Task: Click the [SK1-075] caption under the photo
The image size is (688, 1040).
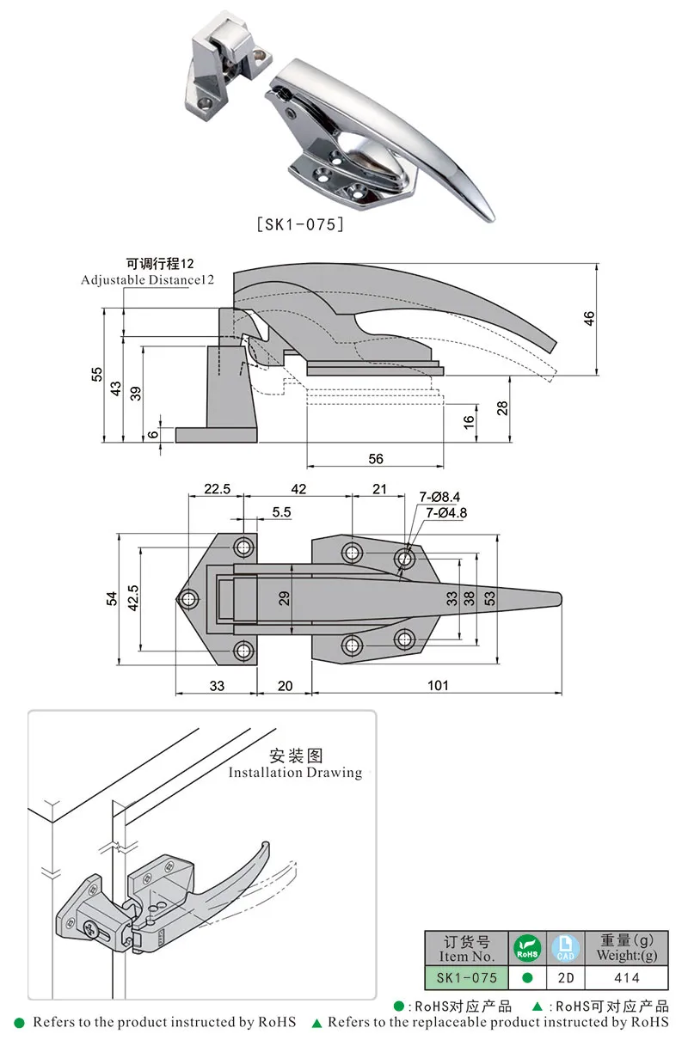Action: tap(301, 224)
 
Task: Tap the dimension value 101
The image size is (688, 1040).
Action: tap(438, 685)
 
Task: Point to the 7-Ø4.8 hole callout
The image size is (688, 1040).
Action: tap(446, 513)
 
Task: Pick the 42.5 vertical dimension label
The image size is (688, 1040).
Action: tap(132, 598)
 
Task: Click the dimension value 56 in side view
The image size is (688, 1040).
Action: tap(376, 459)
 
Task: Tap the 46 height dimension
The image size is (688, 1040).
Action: tap(589, 317)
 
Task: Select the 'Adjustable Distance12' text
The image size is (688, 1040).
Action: tap(147, 280)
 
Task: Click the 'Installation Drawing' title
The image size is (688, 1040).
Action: tap(295, 772)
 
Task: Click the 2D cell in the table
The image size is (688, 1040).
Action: tap(566, 977)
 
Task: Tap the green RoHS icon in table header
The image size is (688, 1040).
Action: tap(527, 948)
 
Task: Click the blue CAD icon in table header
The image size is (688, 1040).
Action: tap(566, 948)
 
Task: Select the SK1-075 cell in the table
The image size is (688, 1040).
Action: tap(466, 977)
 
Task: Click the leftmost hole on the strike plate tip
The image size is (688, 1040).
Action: tap(187, 599)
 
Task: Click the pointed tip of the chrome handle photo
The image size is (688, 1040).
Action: tap(491, 218)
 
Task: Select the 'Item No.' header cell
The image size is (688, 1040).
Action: tap(466, 949)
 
